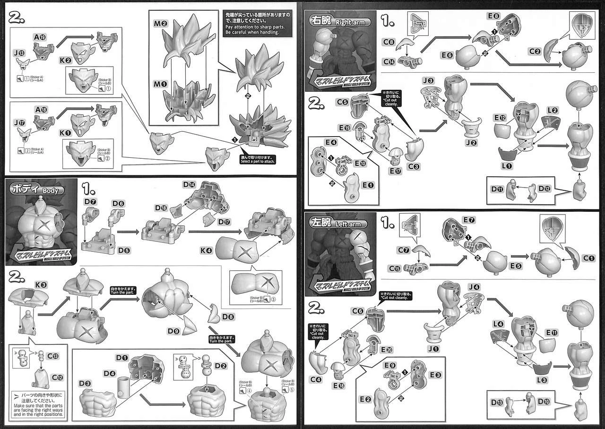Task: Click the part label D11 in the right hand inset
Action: [x=496, y=189]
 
